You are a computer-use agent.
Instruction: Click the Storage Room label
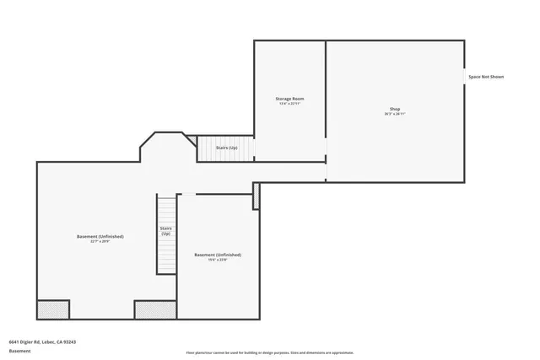point(289,99)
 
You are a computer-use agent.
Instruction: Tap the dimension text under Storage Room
point(289,104)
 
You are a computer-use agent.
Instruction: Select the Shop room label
point(395,108)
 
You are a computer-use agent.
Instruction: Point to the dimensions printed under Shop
point(395,113)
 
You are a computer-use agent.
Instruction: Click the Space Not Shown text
point(486,77)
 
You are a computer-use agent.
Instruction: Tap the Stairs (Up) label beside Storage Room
point(226,148)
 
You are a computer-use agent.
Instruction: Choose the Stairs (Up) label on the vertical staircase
point(165,230)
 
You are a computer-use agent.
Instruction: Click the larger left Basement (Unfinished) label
point(100,236)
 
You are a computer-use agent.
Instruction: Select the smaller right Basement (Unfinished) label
point(218,255)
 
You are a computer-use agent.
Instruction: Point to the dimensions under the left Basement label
point(100,242)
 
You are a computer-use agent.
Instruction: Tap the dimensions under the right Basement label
point(218,260)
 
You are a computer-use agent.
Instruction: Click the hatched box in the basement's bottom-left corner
point(53,309)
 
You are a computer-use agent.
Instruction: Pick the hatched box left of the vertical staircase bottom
point(155,309)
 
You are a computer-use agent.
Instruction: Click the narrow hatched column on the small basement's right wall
point(256,196)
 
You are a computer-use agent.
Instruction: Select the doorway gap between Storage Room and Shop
point(327,152)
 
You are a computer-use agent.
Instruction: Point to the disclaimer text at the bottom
point(270,352)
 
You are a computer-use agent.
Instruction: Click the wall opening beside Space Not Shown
point(464,77)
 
